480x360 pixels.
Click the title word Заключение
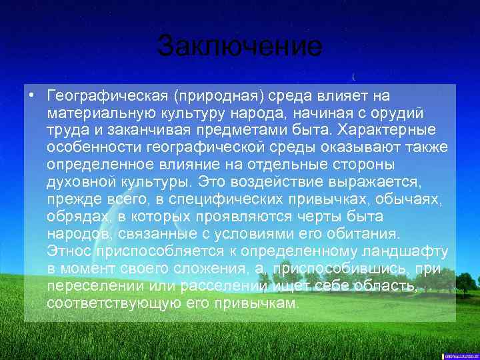click(x=240, y=47)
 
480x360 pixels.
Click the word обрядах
click(x=74, y=216)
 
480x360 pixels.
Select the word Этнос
click(x=69, y=251)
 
